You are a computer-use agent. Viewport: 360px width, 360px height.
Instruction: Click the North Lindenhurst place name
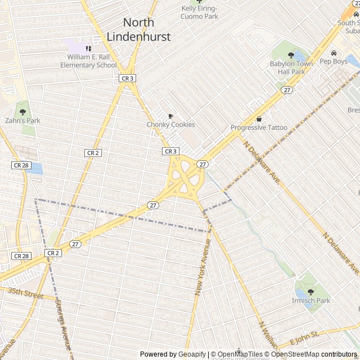point(147,29)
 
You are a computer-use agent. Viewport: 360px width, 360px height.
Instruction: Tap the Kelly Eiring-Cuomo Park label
point(199,12)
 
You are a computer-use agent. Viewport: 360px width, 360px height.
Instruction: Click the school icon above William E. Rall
point(88,49)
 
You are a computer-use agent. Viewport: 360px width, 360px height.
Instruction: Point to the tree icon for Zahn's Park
point(22,112)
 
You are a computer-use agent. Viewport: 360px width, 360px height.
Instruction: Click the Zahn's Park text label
point(22,121)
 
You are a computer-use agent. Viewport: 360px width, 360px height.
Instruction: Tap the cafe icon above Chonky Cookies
point(170,116)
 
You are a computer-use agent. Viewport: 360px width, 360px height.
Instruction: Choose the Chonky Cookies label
point(170,125)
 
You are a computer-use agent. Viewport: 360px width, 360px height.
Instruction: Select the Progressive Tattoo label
point(259,128)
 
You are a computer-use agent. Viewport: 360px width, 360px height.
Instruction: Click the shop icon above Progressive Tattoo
point(259,119)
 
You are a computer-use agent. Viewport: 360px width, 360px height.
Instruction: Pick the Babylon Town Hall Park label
point(291,67)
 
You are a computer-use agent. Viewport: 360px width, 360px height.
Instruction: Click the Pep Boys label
point(334,61)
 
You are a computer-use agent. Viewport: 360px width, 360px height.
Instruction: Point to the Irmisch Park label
point(311,301)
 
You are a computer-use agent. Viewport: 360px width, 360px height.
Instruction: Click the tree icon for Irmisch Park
point(311,292)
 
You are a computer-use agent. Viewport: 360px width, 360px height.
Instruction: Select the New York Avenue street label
point(202,267)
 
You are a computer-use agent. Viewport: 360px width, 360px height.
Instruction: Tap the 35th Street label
point(26,293)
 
